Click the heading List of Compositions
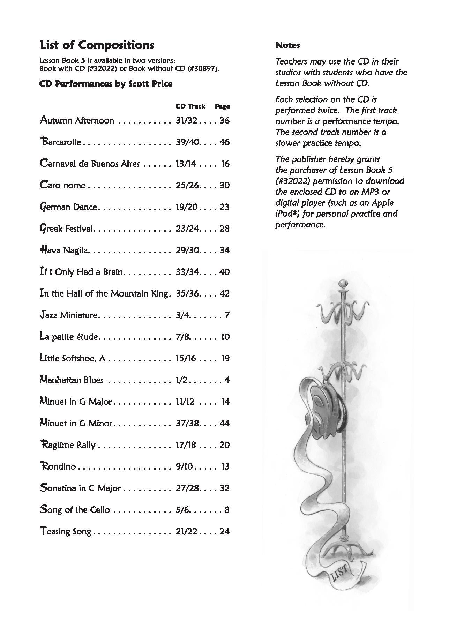point(97,45)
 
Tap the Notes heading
point(287,45)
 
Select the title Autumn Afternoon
point(77,120)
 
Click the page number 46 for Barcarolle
point(224,142)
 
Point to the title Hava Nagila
point(65,250)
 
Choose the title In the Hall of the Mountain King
point(104,293)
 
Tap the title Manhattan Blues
point(72,380)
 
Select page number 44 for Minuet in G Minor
point(224,423)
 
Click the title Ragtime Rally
point(68,445)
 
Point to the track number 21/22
point(186,531)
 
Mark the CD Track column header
point(190,106)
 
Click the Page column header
point(222,106)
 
